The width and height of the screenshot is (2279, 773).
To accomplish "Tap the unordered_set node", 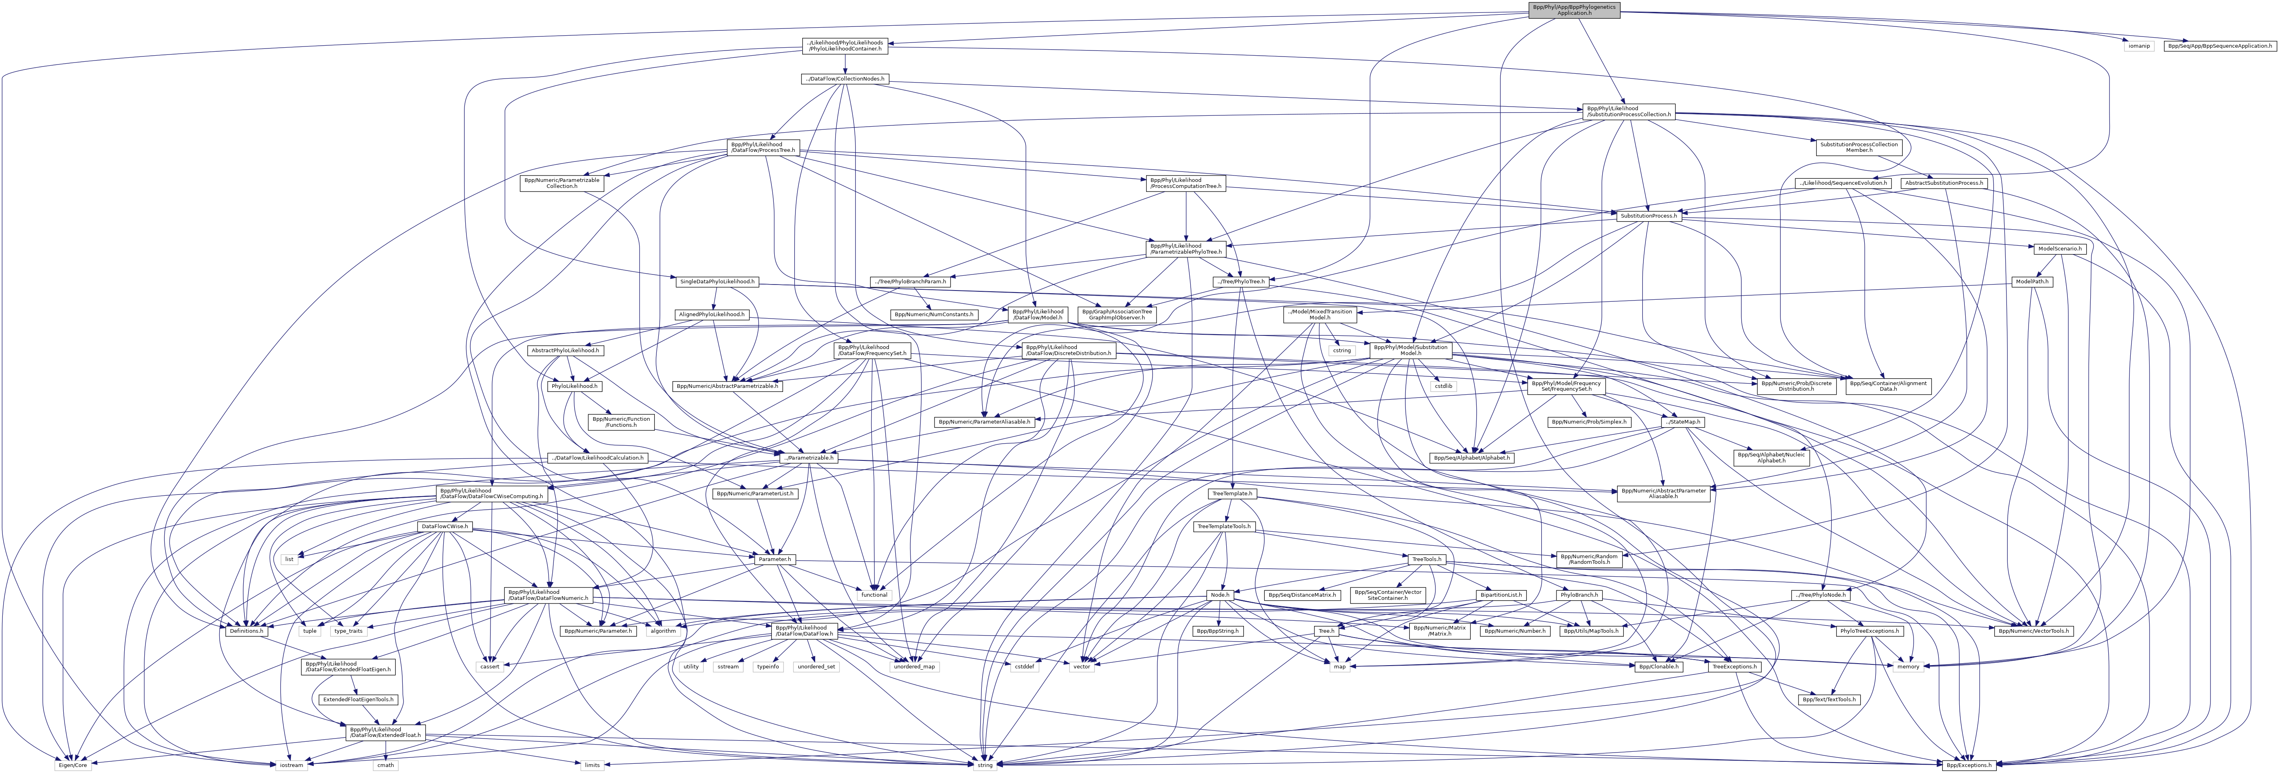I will click(816, 666).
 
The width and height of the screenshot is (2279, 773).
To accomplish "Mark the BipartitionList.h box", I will click(1501, 595).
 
